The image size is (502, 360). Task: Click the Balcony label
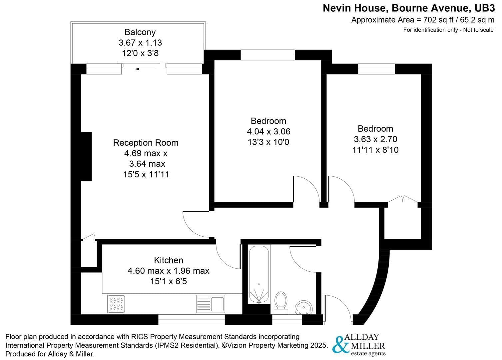point(140,32)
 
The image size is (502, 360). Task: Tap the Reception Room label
point(146,143)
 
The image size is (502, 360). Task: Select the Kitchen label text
point(169,260)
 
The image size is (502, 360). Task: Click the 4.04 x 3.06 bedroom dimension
point(268,132)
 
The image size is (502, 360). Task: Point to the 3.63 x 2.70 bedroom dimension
point(375,139)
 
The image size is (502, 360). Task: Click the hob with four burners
point(116,304)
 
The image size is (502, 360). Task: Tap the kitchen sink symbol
point(211,303)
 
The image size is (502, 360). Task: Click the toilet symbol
point(281,302)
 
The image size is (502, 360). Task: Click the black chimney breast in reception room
point(86,157)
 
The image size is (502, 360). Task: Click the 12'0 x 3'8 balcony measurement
point(140,53)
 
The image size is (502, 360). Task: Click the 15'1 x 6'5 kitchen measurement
point(169,281)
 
